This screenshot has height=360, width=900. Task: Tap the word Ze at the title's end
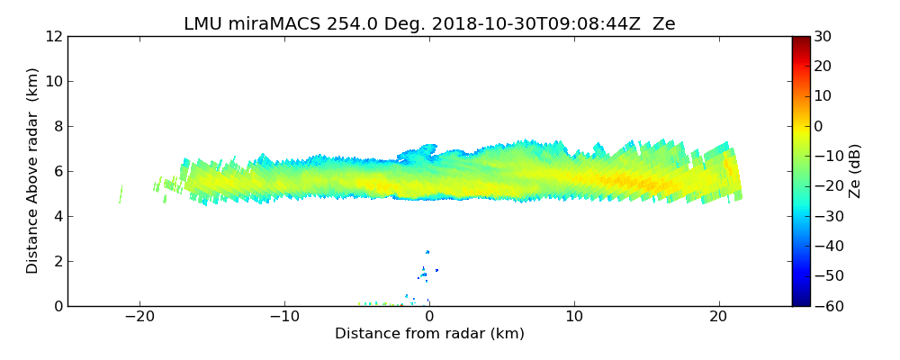[x=663, y=24]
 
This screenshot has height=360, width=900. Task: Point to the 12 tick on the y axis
[x=54, y=36]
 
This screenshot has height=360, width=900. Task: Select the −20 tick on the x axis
[x=139, y=317]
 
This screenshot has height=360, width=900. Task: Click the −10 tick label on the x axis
[x=284, y=317]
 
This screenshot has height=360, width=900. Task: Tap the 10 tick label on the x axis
[x=574, y=317]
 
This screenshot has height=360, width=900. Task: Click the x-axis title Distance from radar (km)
[x=429, y=334]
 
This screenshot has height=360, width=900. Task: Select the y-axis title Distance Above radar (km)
[x=32, y=170]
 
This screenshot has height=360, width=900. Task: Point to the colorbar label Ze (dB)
[x=855, y=170]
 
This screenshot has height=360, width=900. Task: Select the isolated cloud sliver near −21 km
[x=121, y=193]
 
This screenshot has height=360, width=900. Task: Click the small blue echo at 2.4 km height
[x=427, y=252]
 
